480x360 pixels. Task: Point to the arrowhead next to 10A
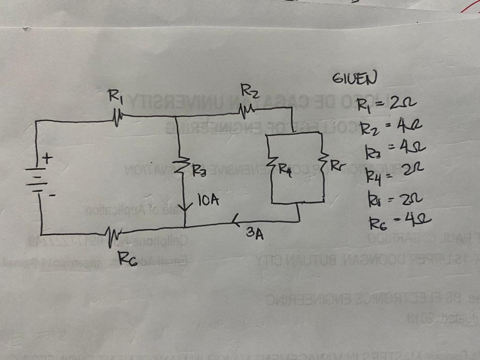click(x=186, y=205)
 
